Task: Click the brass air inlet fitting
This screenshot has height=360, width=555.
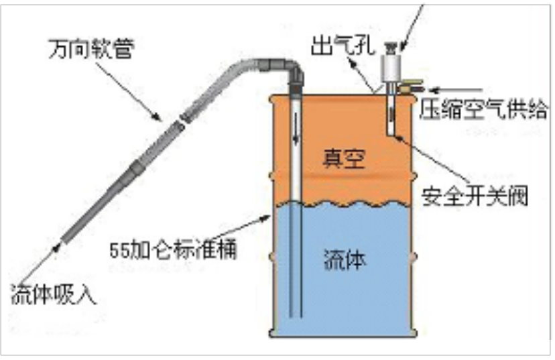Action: [414, 86]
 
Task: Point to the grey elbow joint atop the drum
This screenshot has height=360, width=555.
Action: [289, 68]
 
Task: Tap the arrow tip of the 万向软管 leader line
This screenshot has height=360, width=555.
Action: [161, 119]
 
